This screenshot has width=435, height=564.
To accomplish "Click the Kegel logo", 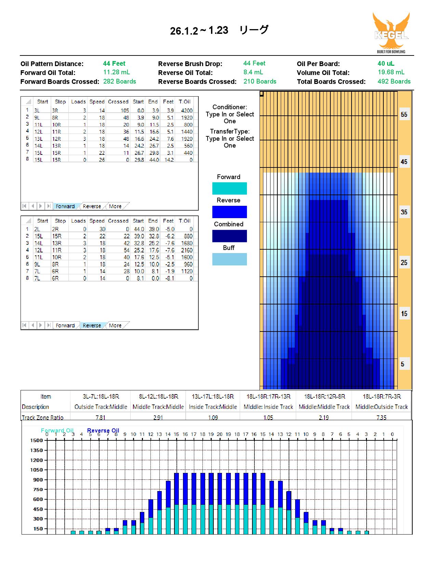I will (x=391, y=33).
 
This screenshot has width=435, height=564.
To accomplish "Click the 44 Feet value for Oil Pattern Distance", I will (x=114, y=63).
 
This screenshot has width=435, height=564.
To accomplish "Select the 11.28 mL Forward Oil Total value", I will (x=117, y=72).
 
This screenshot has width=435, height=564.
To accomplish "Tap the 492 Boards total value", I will (x=394, y=82).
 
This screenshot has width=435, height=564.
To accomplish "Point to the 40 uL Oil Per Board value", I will (x=386, y=63).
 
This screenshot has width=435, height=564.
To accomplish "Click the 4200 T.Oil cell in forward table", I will (x=187, y=110).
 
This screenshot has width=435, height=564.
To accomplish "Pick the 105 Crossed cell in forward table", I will (x=124, y=110).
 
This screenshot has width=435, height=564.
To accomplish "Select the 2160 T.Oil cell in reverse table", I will (x=187, y=250).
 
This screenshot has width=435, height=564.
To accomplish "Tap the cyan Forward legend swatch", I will (x=229, y=188).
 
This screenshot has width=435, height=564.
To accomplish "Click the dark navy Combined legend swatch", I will (x=229, y=236).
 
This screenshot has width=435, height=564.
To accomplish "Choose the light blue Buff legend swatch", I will (x=229, y=259).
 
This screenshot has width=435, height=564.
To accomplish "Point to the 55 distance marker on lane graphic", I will (x=404, y=114).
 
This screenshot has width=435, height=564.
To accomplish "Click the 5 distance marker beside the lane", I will (x=403, y=364).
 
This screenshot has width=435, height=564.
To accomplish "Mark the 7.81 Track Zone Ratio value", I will (x=100, y=417).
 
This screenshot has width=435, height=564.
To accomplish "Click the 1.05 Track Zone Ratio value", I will (x=268, y=417).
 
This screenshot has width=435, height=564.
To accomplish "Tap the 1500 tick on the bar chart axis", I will (x=37, y=440).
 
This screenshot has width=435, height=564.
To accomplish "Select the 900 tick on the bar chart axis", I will (x=38, y=480).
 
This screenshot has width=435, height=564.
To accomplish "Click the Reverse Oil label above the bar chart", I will (x=103, y=430).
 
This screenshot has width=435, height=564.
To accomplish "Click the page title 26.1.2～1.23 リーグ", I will (x=219, y=30).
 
